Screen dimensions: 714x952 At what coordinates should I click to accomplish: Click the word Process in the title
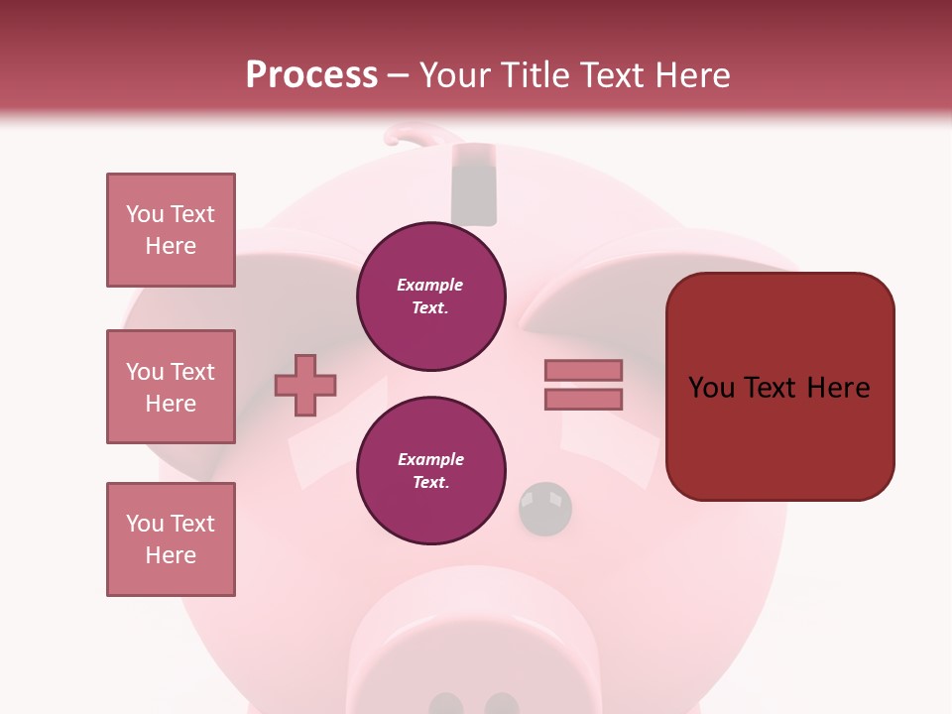point(311,75)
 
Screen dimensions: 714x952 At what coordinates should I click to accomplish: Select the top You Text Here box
point(171,230)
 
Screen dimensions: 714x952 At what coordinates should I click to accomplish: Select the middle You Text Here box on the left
point(171,387)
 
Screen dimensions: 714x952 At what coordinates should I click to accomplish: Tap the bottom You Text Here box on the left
point(171,539)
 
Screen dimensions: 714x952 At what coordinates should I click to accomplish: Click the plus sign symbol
point(305,384)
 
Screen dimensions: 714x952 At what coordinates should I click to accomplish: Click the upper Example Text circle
point(430,297)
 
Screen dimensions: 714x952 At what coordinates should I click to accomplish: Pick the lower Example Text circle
point(430,471)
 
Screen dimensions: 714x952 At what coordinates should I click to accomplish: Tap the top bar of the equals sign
point(583,371)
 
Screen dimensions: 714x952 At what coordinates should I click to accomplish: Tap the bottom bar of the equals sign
point(583,399)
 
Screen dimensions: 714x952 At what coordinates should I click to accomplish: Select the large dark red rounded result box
point(779,387)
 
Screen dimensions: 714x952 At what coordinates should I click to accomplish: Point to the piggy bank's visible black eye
point(545,508)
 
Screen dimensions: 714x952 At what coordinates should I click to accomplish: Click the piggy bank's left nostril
point(446,704)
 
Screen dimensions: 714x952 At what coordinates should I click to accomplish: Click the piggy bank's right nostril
point(502,704)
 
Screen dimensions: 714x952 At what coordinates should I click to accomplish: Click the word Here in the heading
point(691,75)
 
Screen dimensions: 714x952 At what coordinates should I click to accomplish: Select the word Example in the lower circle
point(430,459)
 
